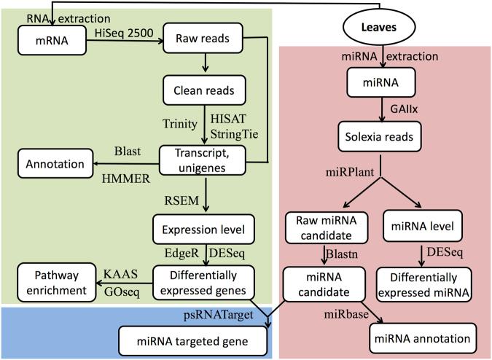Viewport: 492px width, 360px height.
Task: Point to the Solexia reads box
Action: pos(380,135)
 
